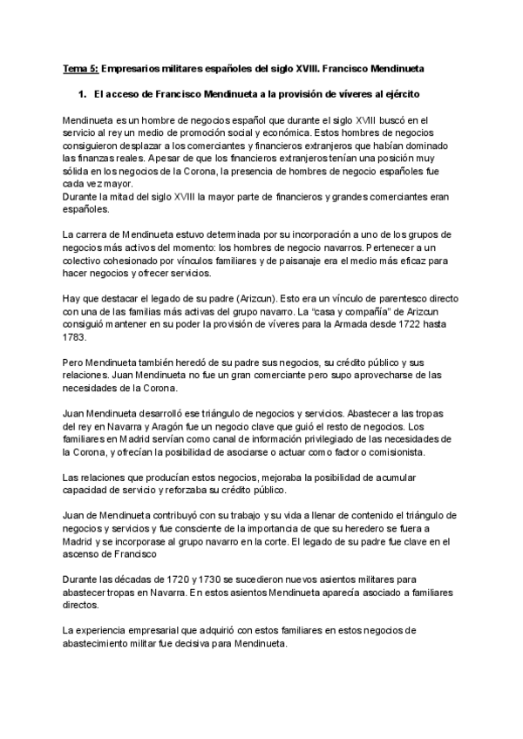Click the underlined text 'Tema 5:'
(x=81, y=66)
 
